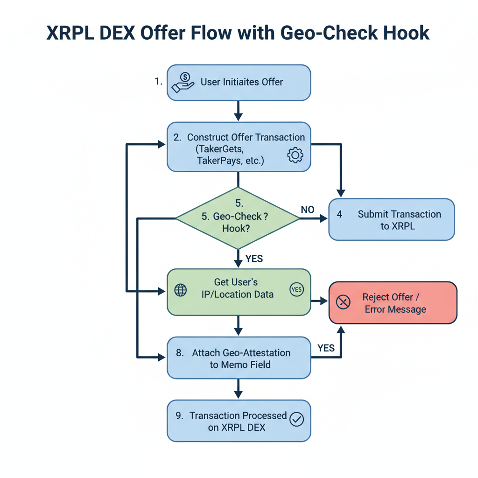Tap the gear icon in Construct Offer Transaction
(x=295, y=155)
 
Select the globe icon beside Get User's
(x=180, y=290)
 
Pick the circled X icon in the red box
(x=343, y=302)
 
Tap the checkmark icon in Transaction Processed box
(x=296, y=420)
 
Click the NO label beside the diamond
(x=308, y=210)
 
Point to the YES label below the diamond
(x=254, y=258)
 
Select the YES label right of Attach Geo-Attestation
(x=326, y=348)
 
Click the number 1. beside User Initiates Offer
(x=159, y=82)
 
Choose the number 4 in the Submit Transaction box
(x=339, y=214)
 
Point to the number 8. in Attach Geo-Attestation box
(x=180, y=353)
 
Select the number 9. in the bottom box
(x=180, y=415)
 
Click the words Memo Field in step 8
(x=240, y=365)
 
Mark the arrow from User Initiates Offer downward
(x=239, y=111)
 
